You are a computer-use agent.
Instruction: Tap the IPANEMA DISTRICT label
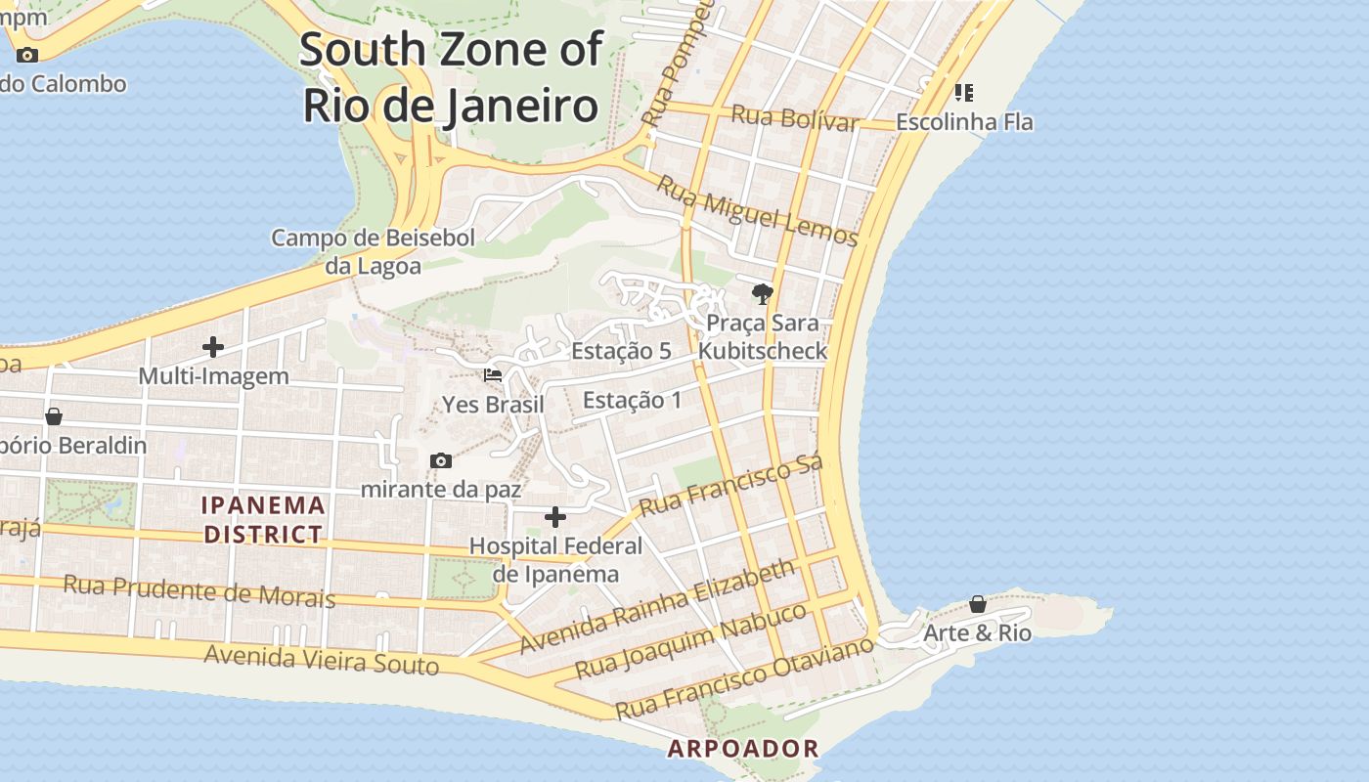263,520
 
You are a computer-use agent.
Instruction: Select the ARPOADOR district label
743,749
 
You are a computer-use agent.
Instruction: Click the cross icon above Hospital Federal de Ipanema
555,517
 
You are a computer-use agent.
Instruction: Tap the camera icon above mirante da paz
441,460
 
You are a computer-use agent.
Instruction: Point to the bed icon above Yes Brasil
493,375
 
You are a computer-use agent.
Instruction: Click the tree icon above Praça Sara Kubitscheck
762,293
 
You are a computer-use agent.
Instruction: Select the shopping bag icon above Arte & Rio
977,604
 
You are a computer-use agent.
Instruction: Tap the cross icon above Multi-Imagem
213,347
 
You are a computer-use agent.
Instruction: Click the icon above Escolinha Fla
964,93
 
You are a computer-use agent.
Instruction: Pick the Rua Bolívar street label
794,118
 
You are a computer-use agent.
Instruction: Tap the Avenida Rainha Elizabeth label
657,606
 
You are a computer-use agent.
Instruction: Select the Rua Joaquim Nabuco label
690,641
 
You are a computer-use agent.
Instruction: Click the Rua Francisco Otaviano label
743,677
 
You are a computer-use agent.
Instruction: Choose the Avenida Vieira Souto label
322,660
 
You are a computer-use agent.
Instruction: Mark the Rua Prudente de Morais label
199,590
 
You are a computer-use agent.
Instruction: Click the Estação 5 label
621,351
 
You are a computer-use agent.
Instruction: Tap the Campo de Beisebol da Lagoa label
373,252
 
